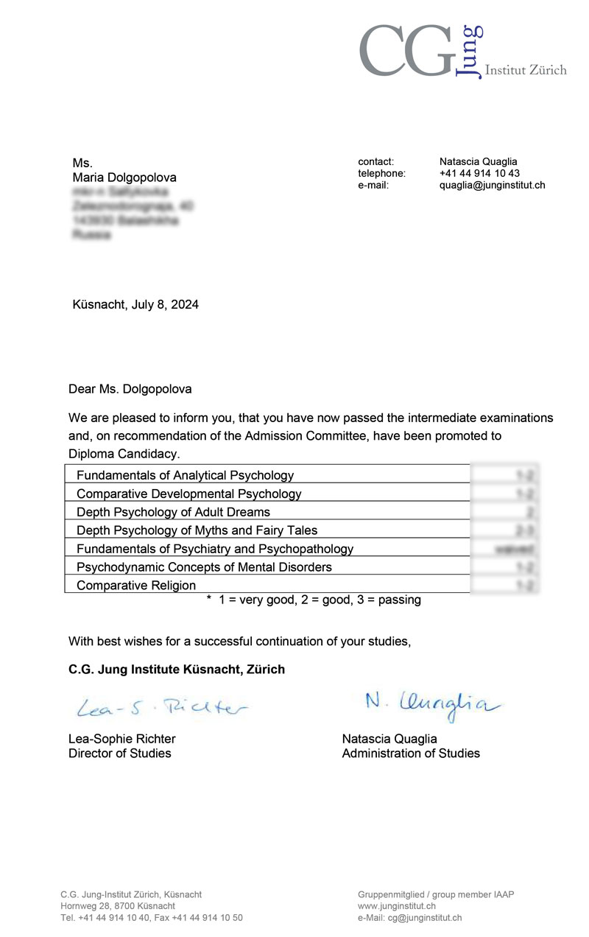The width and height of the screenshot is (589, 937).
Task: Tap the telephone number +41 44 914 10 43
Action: coord(479,173)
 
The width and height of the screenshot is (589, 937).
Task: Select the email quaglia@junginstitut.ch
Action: coord(492,185)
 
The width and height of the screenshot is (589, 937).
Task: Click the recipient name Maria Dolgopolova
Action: coord(124,178)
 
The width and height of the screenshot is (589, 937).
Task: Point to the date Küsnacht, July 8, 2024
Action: coord(135,304)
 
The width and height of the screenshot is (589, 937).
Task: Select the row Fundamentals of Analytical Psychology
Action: coord(185,475)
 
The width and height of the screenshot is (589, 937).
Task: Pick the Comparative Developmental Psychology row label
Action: coord(188,494)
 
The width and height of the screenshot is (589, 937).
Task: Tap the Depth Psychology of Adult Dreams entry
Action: coord(173,512)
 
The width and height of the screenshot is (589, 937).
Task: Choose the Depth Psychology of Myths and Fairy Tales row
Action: coord(197,530)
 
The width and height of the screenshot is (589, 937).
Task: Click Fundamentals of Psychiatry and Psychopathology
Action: coord(215,549)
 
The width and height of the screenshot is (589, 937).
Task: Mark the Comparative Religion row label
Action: coord(136,586)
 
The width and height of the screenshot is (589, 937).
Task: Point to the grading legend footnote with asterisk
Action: coord(314,600)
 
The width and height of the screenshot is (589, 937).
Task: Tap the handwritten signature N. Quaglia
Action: coord(431,703)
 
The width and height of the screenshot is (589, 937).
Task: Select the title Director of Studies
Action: coord(119,753)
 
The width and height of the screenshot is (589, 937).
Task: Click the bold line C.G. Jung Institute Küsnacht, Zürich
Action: coord(177,670)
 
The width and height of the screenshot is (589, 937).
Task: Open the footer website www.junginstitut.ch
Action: coord(397,906)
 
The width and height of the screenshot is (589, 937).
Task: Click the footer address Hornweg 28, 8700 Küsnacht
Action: coord(118,906)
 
